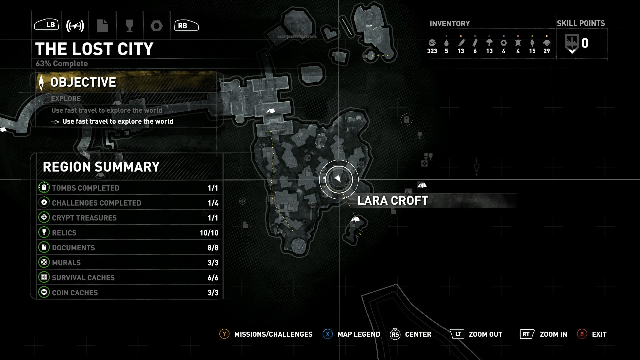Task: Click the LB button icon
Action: click(47, 25)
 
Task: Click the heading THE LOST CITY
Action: click(94, 49)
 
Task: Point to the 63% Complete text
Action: click(62, 64)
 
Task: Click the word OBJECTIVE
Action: click(83, 82)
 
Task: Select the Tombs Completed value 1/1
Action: click(213, 188)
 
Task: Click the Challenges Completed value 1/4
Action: click(213, 203)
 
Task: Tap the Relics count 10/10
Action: click(209, 233)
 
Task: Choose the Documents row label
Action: click(73, 248)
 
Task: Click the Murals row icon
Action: click(44, 262)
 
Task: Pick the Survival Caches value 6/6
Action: click(213, 278)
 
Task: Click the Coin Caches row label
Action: click(75, 293)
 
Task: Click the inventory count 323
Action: click(432, 51)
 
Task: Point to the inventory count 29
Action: click(546, 51)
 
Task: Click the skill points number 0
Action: click(585, 43)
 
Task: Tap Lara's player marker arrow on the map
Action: click(338, 179)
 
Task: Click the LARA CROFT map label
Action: click(393, 201)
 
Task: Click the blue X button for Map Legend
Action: click(327, 334)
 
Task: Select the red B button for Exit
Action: click(582, 334)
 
